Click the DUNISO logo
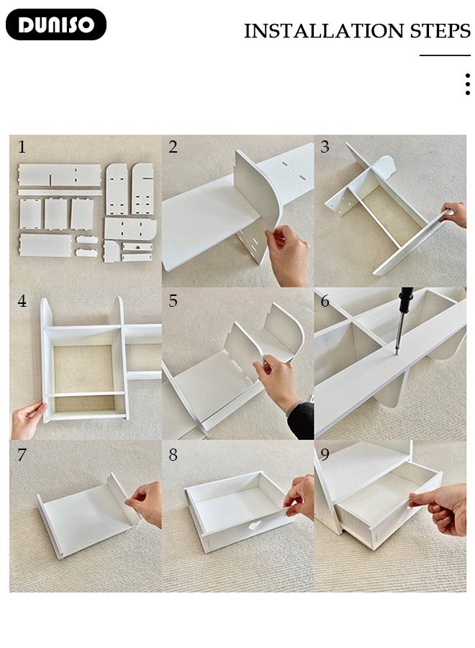pos(55,24)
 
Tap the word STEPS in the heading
pos(440,31)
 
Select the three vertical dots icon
pos(467,84)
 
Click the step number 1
pos(22,147)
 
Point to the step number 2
pos(173,147)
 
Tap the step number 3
pos(325,147)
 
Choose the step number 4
pos(22,301)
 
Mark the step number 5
pos(173,301)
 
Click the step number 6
pos(325,301)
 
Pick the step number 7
pos(22,454)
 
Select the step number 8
pos(173,454)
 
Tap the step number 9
pos(325,454)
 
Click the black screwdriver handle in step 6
pos(405,300)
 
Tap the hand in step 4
pos(27,420)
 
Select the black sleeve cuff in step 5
pos(301,420)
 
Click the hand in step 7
pos(145,503)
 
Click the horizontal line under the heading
pos(445,55)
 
